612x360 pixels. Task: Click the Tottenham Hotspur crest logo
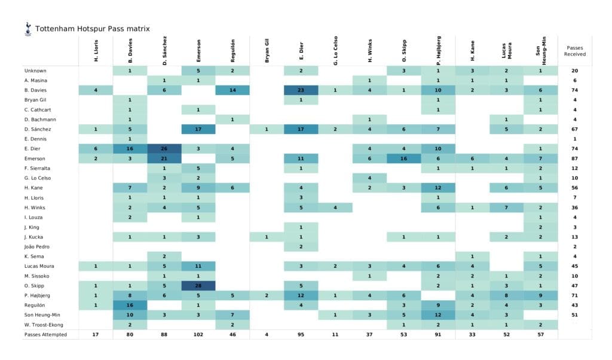(27, 29)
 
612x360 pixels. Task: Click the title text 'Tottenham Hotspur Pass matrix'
(92, 28)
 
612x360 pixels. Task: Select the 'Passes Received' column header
(574, 50)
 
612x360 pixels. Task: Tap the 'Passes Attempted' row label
(45, 334)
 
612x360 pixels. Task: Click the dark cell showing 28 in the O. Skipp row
(198, 285)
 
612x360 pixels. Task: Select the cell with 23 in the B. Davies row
(301, 90)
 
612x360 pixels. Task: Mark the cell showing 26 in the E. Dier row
(164, 149)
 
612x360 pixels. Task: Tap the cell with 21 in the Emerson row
(164, 158)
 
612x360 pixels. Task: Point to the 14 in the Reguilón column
(232, 90)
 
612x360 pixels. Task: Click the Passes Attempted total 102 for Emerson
(198, 334)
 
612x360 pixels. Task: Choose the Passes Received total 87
(574, 158)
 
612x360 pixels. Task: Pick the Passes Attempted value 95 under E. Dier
(301, 334)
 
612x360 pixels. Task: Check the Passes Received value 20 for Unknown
(574, 71)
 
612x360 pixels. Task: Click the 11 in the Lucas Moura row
(198, 266)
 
